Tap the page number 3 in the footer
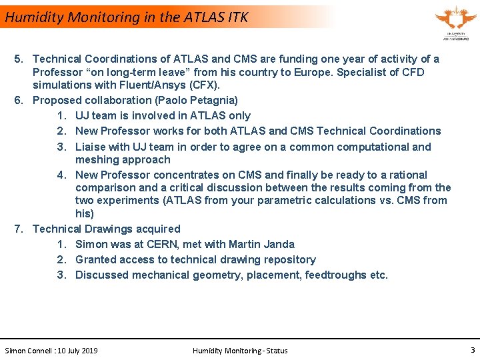point(472,350)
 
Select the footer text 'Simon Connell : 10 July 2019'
point(51,351)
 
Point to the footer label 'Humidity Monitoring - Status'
point(240,351)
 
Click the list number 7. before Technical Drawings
point(20,229)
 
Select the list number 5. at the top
point(20,59)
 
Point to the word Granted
point(96,260)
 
